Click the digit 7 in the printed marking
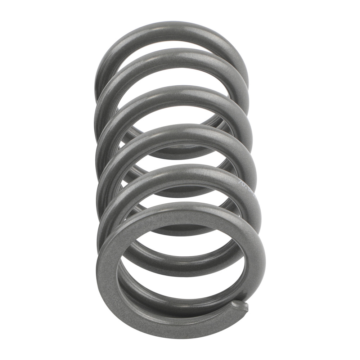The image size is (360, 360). click(240, 182)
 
